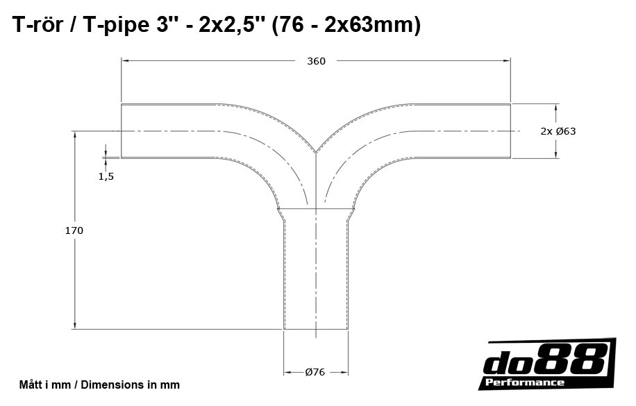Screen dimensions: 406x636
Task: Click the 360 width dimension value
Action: [316, 61]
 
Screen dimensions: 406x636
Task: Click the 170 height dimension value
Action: [74, 230]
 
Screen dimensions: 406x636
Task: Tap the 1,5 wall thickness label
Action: [106, 176]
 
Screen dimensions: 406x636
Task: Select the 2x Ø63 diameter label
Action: [558, 131]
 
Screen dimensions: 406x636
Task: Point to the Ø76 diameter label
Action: [315, 372]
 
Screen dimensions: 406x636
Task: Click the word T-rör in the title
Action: [40, 26]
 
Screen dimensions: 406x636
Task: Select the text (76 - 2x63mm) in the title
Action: [346, 26]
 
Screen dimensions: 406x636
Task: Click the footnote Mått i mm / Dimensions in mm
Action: [99, 384]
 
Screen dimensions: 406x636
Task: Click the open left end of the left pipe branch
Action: [122, 131]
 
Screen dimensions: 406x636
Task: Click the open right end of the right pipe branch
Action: [511, 131]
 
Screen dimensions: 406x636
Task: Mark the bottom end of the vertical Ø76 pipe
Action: [316, 329]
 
